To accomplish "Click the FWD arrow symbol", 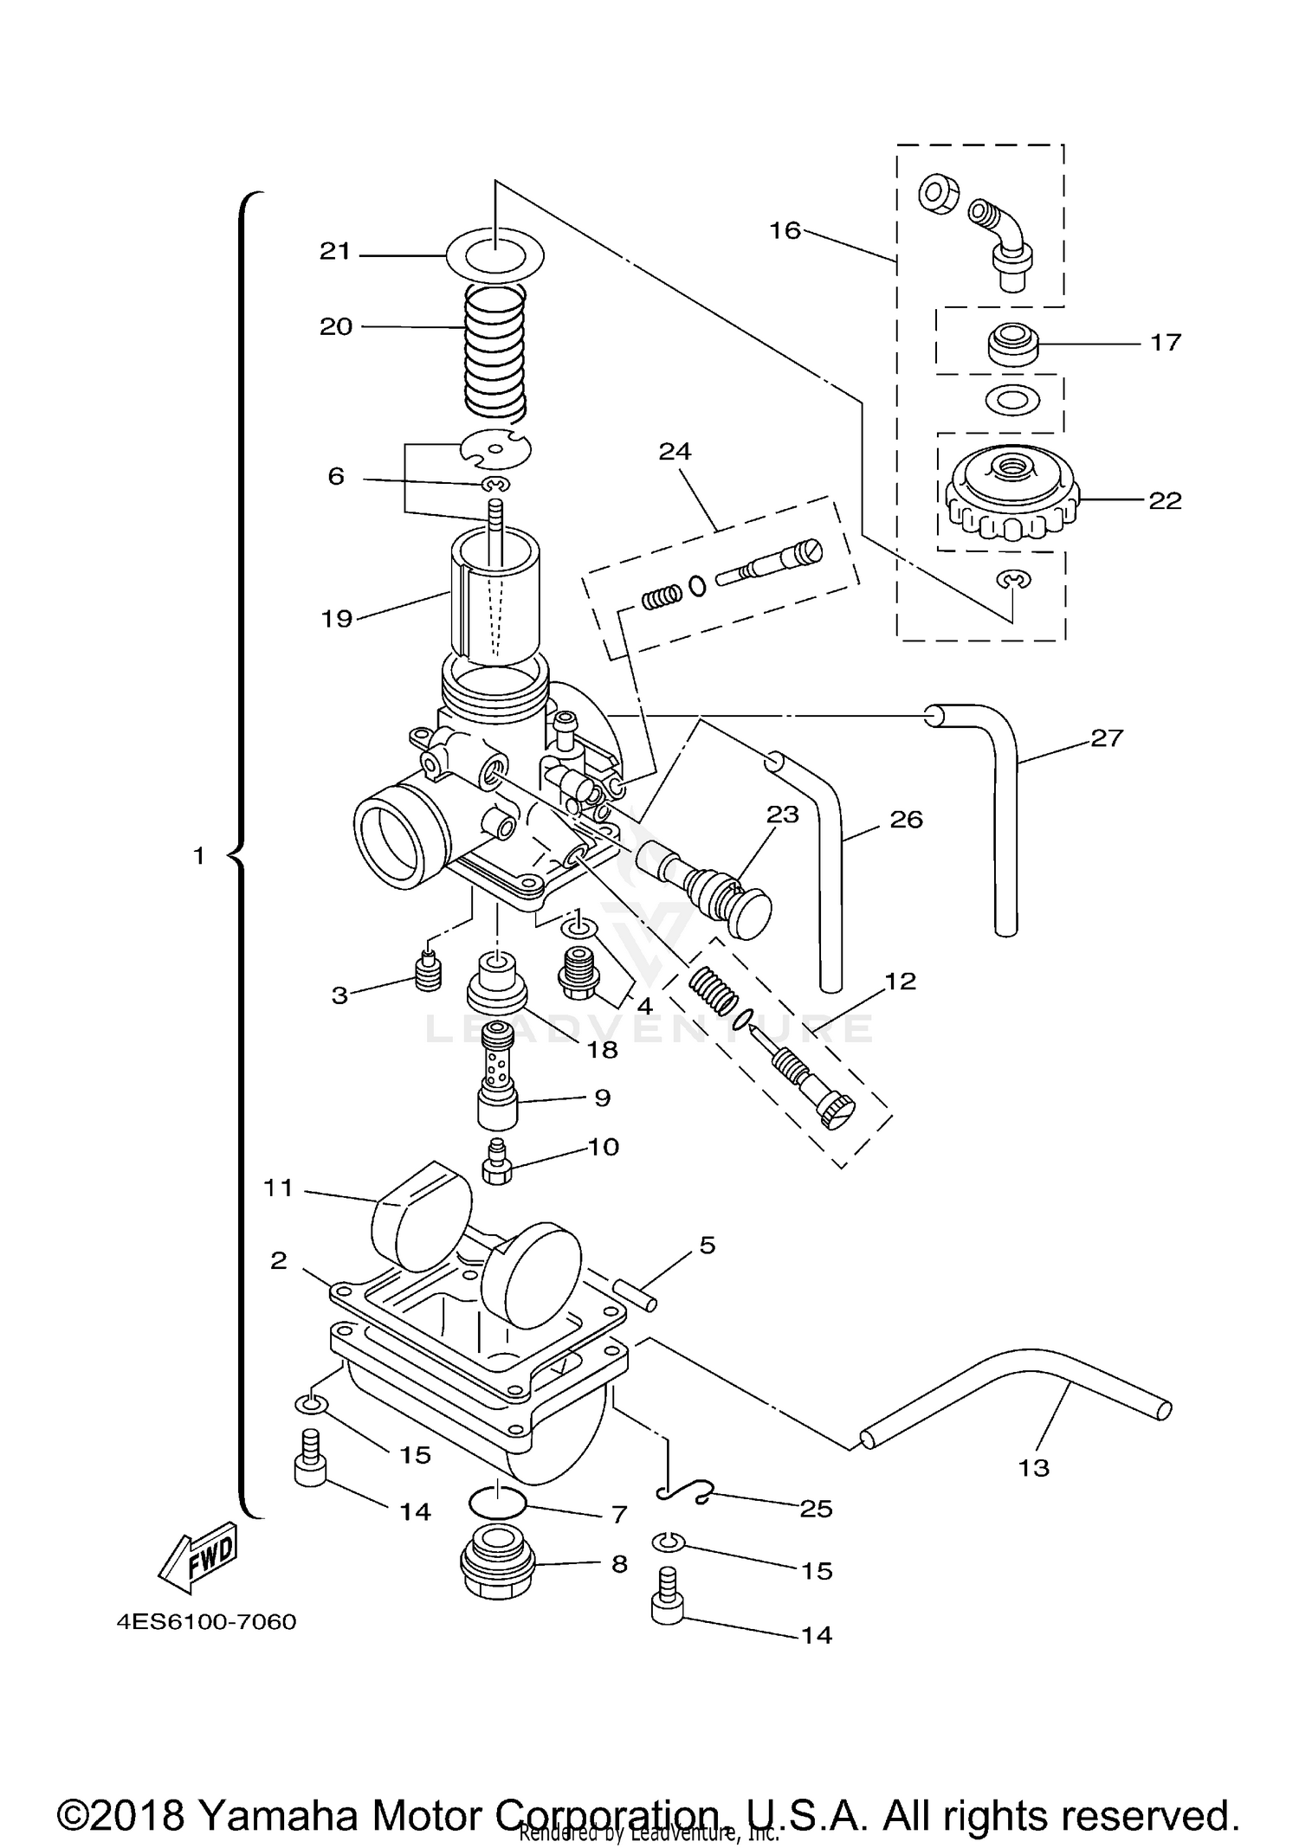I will click(x=197, y=1557).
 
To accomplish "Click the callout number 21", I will click(x=335, y=252).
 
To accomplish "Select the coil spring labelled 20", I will click(x=495, y=351).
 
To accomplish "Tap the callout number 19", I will click(x=337, y=618).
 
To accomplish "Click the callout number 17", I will click(x=1166, y=343).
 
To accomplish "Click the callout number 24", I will click(x=675, y=451).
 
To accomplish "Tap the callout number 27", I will click(x=1106, y=737).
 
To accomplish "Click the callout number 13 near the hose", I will click(x=1034, y=1467).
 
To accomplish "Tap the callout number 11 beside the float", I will click(x=279, y=1188).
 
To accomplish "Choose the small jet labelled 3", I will click(x=427, y=972).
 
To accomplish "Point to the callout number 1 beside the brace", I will click(x=198, y=856).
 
